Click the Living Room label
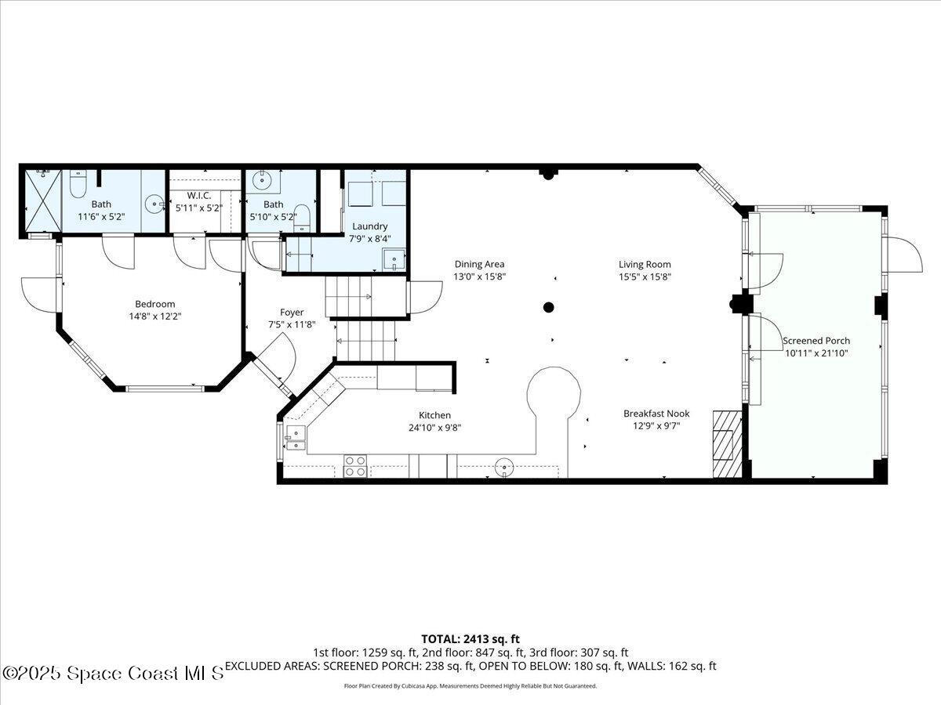tap(645, 265)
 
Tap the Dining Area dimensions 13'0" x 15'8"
tap(479, 277)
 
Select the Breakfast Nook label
tap(656, 414)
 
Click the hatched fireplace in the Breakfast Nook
tap(726, 444)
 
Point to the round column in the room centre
tap(549, 307)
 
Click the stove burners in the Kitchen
tap(355, 466)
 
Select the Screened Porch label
tap(816, 341)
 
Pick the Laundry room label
tap(369, 226)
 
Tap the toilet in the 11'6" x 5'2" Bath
tap(78, 185)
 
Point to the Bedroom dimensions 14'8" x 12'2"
tap(154, 316)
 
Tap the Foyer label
tap(292, 313)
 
